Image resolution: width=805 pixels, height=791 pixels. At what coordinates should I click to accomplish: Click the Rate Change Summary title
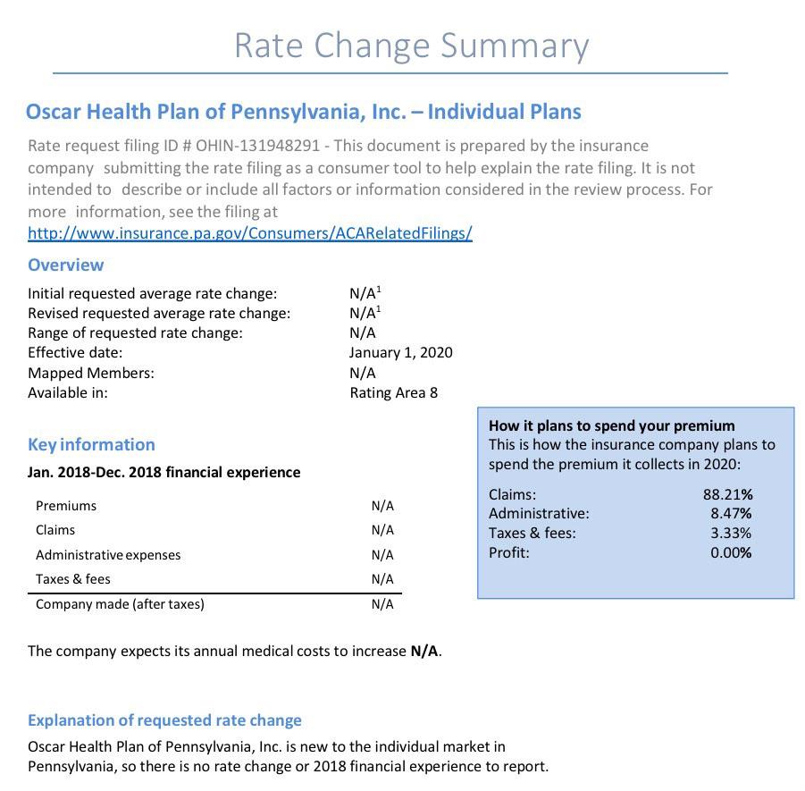[x=411, y=46]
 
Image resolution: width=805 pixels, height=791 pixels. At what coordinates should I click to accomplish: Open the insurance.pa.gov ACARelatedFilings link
[x=249, y=233]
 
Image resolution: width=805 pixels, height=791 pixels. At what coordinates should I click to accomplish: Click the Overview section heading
[x=65, y=265]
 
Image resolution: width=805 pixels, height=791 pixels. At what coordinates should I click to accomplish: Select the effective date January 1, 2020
[x=400, y=352]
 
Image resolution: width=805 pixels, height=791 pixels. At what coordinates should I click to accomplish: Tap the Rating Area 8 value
[x=393, y=392]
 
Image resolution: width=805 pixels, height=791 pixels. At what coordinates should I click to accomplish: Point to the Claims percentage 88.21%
[x=727, y=494]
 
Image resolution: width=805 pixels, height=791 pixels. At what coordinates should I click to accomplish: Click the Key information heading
[x=91, y=444]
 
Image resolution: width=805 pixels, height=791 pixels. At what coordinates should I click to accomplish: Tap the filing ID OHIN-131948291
[x=251, y=146]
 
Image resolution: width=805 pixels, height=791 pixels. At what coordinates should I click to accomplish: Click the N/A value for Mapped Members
[x=362, y=373]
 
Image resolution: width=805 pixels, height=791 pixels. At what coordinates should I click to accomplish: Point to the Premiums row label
[x=66, y=506]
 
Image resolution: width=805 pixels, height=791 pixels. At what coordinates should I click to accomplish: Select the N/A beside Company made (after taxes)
[x=382, y=604]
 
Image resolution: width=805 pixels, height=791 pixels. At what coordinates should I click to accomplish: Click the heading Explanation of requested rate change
[x=164, y=720]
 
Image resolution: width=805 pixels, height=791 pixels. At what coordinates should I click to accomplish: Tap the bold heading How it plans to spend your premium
[x=611, y=425]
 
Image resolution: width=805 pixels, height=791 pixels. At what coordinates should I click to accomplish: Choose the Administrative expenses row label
[x=108, y=555]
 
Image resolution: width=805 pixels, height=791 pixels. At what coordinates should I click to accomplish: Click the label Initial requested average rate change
[x=152, y=293]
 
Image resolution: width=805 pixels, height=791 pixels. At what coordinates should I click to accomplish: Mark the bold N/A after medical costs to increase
[x=424, y=651]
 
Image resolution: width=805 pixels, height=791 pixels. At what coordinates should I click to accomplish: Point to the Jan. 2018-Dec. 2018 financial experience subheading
[x=164, y=472]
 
